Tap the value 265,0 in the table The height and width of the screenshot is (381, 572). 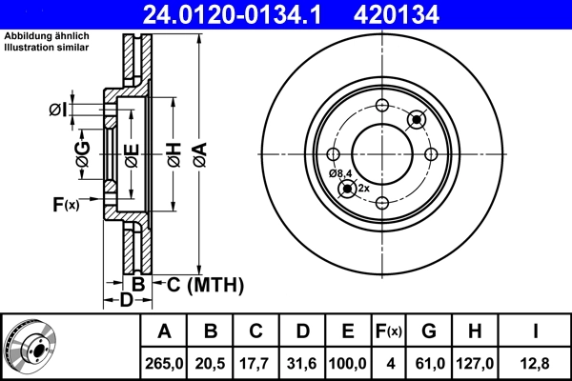164,363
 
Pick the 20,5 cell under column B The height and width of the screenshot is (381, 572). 211,363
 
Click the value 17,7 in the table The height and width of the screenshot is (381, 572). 256,363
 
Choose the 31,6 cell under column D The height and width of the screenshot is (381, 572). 302,363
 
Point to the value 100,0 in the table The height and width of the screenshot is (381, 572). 348,363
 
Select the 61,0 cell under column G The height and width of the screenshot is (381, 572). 429,363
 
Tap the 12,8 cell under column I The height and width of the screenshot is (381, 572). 535,363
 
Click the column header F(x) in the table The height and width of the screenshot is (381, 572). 390,331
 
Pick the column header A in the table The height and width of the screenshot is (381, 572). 164,331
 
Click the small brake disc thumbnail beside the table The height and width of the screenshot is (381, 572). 31,346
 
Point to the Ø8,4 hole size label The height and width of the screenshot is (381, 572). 340,173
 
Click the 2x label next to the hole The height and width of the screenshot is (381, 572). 363,189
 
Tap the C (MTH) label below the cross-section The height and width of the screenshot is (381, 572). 205,285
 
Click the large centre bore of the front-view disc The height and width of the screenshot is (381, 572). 380,153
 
